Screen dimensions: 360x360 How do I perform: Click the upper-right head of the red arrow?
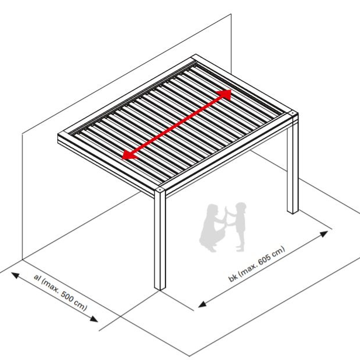(225, 94)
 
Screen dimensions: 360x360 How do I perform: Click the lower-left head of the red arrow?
(129, 155)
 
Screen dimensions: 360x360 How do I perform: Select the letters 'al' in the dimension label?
(37, 277)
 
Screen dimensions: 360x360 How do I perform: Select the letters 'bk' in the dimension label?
(233, 278)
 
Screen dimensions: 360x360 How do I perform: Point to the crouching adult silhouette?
(212, 228)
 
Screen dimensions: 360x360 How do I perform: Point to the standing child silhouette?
(238, 226)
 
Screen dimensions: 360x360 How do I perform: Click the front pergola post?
(160, 239)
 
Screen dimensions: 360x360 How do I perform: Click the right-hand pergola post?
(293, 163)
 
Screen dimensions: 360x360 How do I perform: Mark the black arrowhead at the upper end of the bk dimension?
(324, 234)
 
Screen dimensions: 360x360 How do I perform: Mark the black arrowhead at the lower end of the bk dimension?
(202, 304)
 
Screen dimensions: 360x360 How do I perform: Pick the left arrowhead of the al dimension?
(15, 275)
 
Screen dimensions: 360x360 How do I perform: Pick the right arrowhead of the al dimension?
(94, 319)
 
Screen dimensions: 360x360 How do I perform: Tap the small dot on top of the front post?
(160, 190)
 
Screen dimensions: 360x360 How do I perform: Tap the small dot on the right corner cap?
(292, 113)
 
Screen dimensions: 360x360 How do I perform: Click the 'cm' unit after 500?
(81, 306)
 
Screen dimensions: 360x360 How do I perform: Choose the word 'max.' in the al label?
(50, 286)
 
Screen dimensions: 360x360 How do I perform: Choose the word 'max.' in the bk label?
(248, 269)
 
